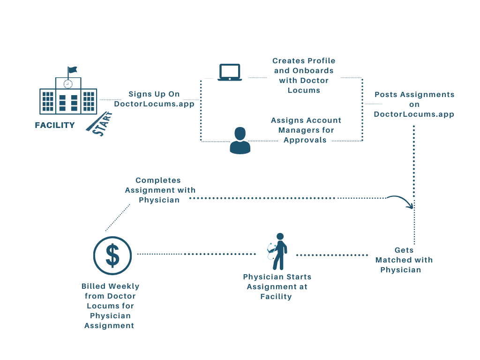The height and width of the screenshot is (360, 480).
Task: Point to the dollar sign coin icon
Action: tap(112, 255)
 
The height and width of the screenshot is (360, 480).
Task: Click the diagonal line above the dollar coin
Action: tap(118, 218)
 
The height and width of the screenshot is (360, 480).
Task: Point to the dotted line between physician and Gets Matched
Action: tap(333, 255)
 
